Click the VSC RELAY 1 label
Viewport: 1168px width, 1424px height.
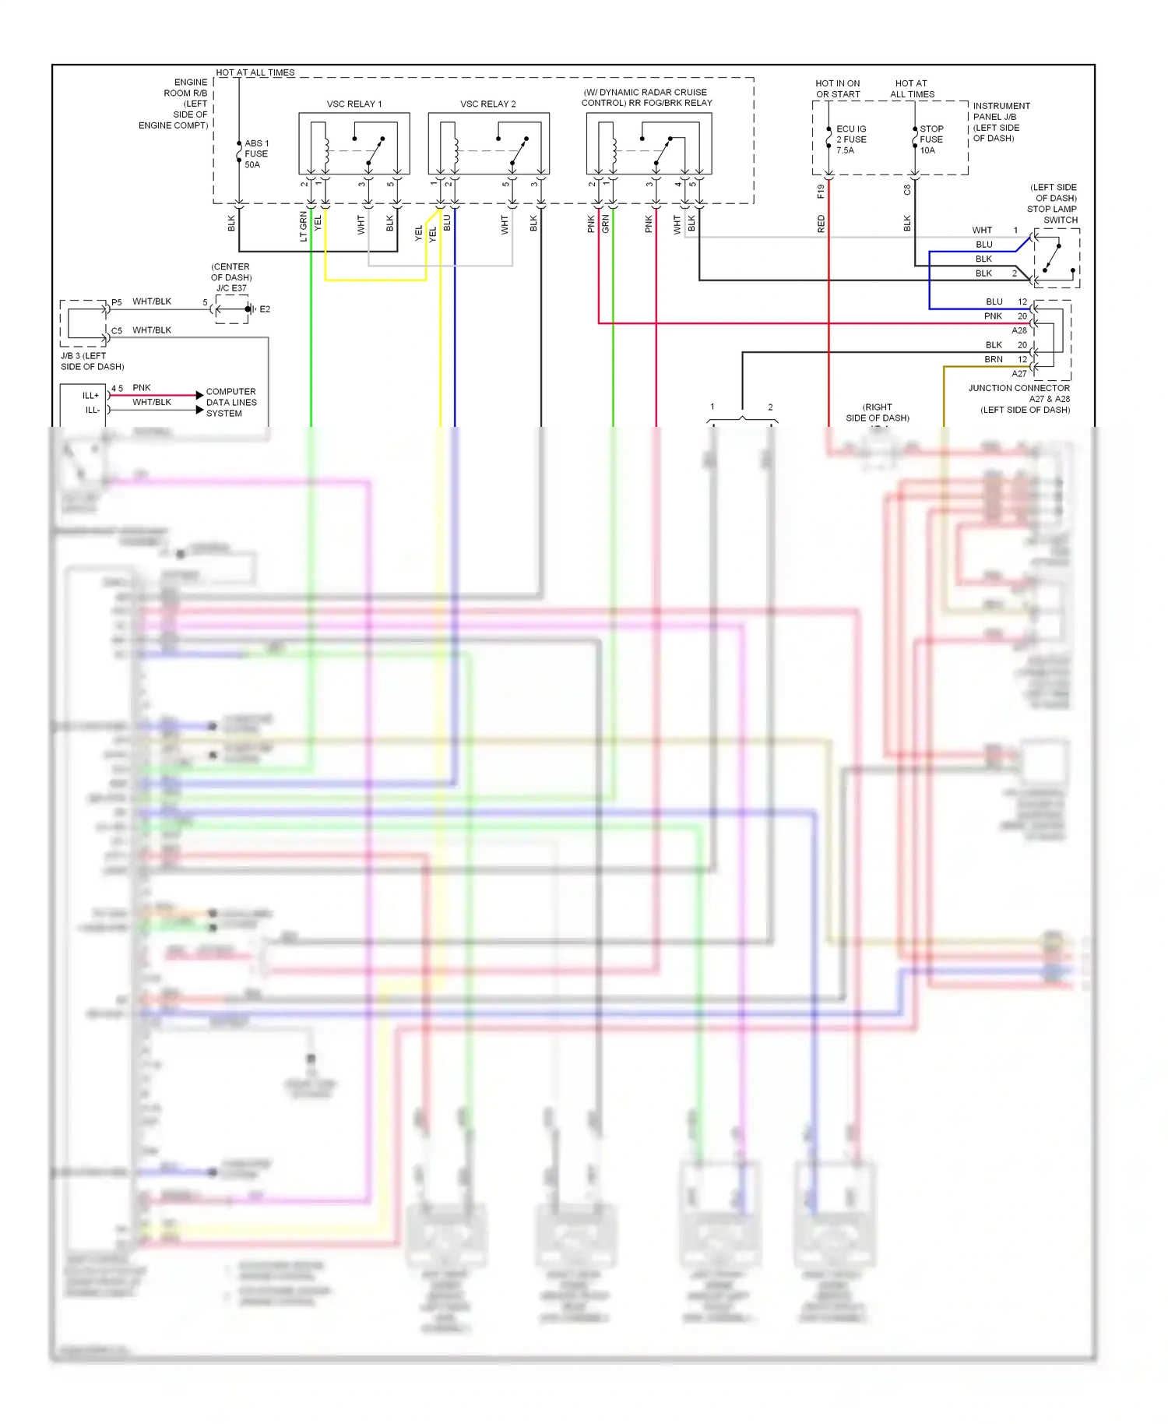pos(354,104)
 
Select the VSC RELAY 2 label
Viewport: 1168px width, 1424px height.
pos(487,104)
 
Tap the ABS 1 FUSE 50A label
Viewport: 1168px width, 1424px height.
pos(256,153)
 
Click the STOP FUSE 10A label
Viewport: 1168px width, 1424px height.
pos(931,139)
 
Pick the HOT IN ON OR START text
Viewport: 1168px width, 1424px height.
pos(837,89)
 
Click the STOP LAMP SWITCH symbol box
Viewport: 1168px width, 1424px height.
pos(1056,258)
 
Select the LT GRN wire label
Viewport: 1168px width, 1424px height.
pos(304,226)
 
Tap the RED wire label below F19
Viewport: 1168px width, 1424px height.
pos(821,224)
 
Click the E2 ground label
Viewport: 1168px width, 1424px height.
pos(265,309)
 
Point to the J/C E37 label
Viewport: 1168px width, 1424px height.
pos(231,288)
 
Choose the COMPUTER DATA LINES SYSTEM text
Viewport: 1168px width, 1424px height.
pos(230,402)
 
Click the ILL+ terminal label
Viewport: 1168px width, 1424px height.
pos(91,396)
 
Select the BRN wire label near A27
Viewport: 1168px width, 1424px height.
pos(993,359)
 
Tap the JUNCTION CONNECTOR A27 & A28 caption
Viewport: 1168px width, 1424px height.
pos(1019,398)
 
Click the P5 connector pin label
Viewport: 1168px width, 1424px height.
pos(117,302)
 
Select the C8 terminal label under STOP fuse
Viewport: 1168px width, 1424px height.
pos(907,189)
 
